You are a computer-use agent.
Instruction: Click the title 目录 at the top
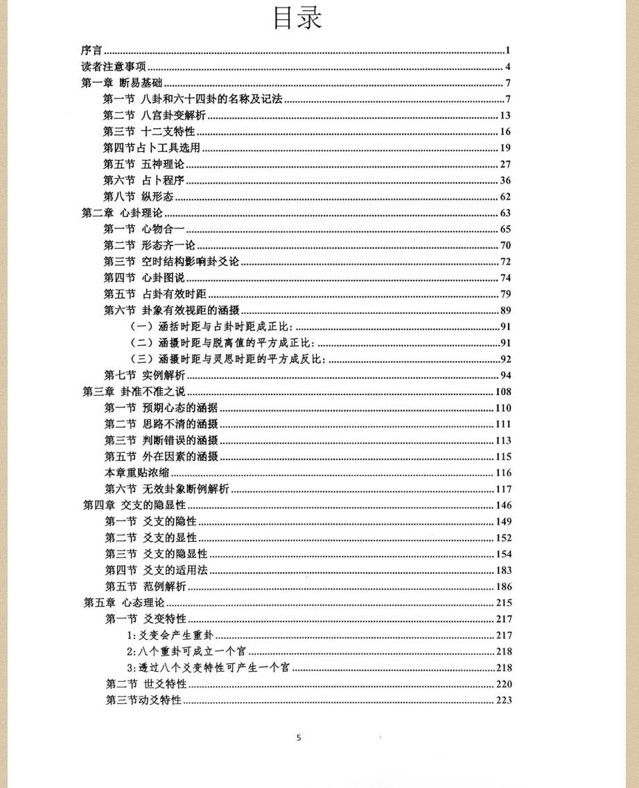click(298, 18)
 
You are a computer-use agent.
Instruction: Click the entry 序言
click(91, 50)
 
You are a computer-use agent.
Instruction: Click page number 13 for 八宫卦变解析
click(505, 116)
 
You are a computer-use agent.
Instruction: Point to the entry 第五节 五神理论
click(144, 164)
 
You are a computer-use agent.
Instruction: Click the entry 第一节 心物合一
click(144, 229)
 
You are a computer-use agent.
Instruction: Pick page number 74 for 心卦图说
click(505, 278)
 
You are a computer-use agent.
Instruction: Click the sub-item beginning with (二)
click(222, 342)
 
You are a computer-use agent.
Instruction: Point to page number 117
click(503, 489)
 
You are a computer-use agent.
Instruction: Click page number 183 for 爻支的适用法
click(503, 570)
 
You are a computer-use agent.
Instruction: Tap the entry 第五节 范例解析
click(146, 587)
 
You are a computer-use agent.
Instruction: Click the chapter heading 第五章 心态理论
click(124, 603)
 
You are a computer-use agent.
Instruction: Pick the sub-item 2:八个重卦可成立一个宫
click(186, 651)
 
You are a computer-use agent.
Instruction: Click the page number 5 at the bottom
click(299, 737)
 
